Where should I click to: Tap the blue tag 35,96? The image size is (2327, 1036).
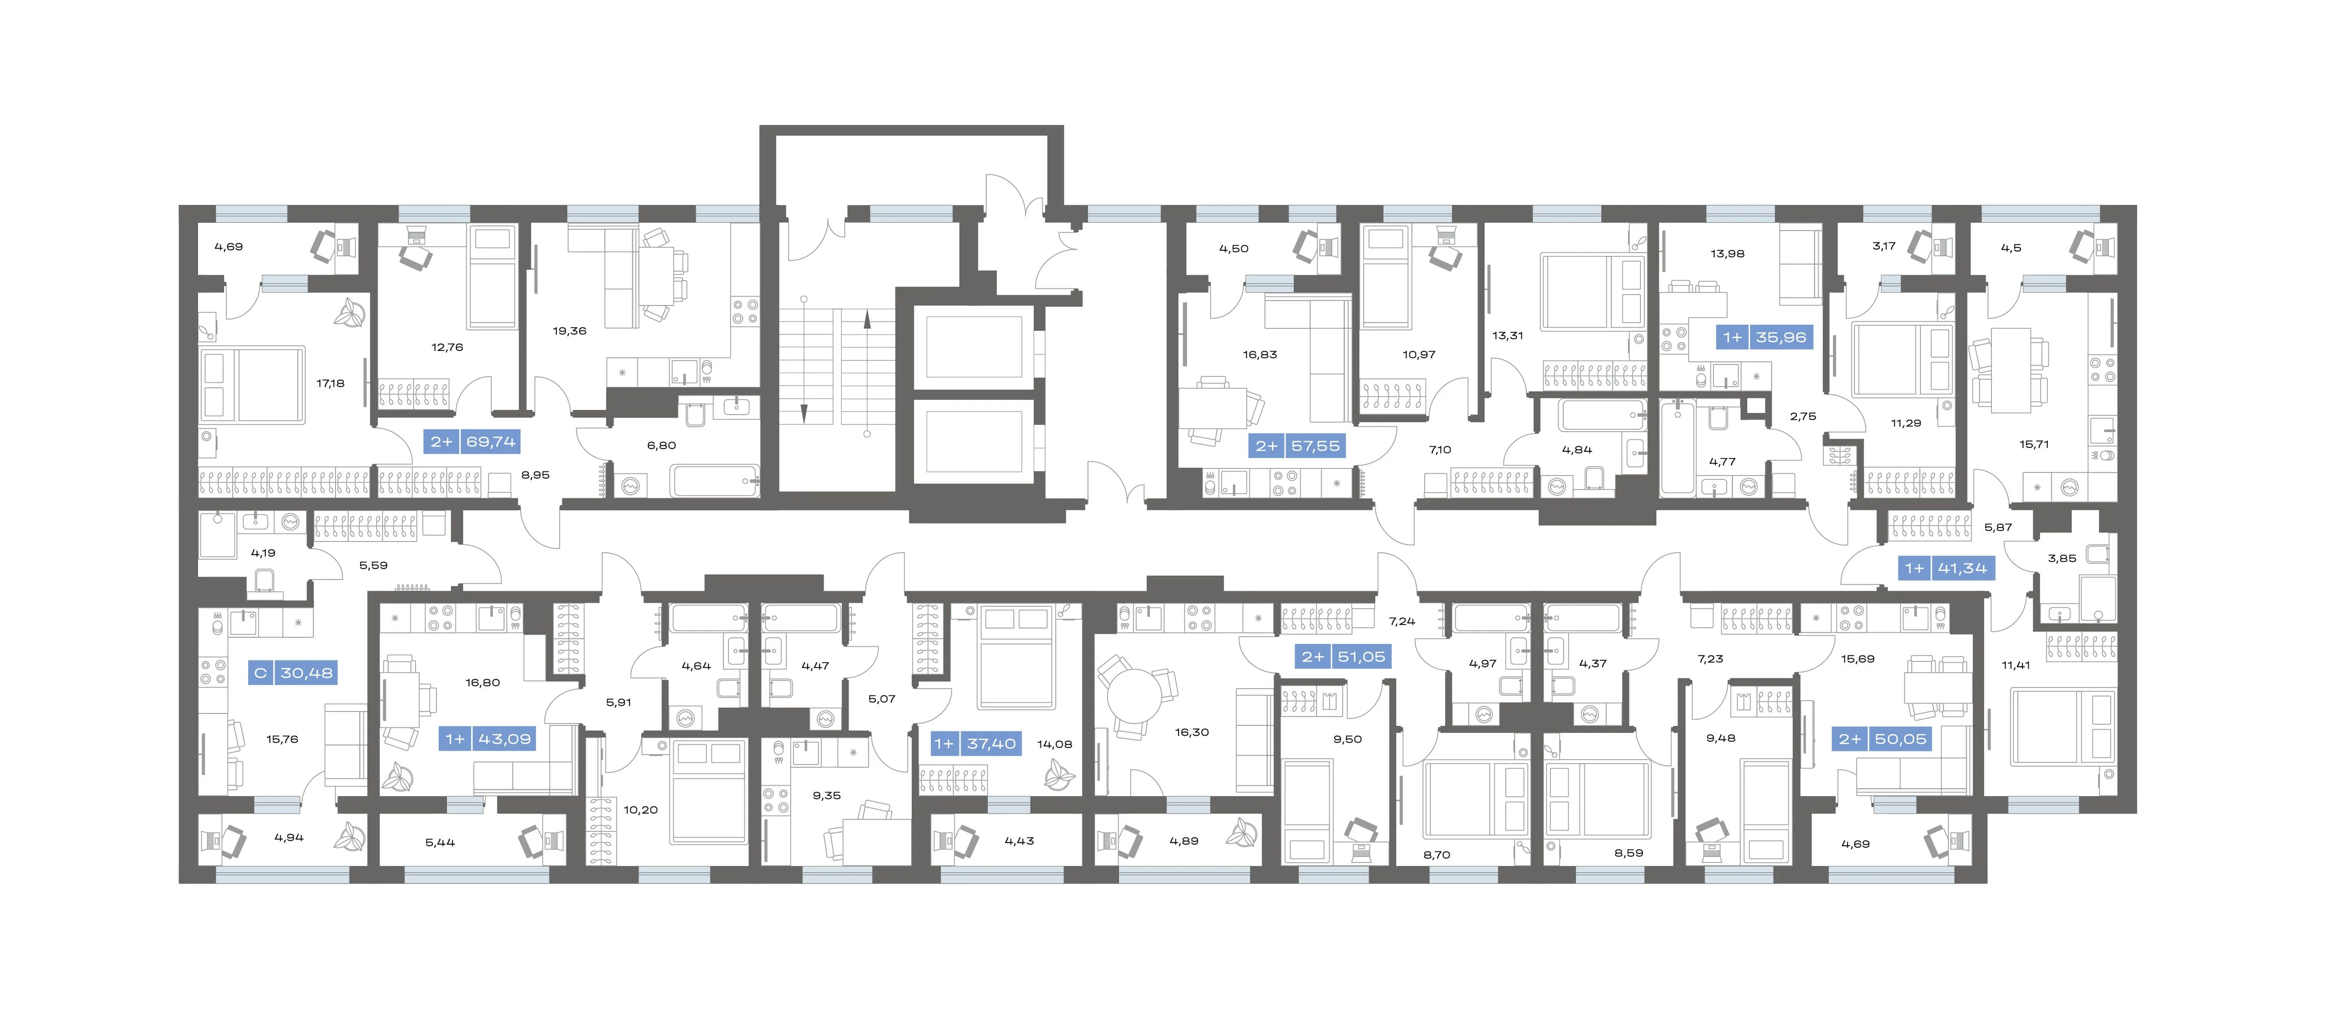[x=1763, y=337]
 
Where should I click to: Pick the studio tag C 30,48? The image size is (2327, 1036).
[x=293, y=673]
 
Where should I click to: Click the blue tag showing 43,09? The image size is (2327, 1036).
[x=488, y=739]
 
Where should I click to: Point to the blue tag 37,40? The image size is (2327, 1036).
[x=976, y=743]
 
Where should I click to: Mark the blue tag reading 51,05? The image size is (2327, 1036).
[x=1344, y=657]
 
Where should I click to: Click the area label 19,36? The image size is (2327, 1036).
[x=569, y=330]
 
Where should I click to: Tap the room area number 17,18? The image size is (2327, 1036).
[x=330, y=383]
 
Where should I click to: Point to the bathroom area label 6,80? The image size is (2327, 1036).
[x=661, y=445]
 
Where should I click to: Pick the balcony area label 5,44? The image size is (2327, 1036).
[x=440, y=843]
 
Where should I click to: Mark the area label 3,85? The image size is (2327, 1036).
[x=2062, y=558]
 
